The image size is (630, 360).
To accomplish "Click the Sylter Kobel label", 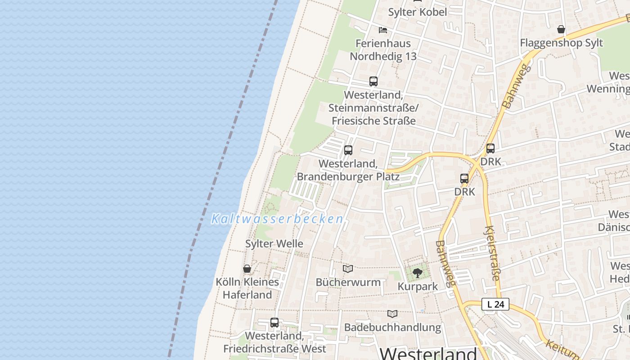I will click(418, 12).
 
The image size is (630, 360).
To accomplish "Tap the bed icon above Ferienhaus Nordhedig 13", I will click(383, 30).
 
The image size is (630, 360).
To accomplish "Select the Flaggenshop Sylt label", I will click(561, 43).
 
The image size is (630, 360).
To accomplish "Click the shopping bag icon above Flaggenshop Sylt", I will click(561, 30).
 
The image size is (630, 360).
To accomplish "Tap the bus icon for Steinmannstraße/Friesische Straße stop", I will click(373, 81).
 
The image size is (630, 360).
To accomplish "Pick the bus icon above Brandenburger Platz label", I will click(348, 150).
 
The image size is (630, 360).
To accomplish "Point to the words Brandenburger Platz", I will click(348, 176).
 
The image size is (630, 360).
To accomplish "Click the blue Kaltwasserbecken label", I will click(277, 219).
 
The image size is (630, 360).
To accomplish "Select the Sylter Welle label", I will click(274, 244).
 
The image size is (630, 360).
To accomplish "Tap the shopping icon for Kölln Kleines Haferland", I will click(247, 269).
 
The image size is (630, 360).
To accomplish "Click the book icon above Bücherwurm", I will click(348, 269).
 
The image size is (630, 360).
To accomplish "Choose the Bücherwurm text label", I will click(348, 283).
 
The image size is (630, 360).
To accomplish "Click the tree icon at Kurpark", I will click(418, 273).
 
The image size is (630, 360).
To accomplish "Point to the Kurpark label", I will click(418, 287).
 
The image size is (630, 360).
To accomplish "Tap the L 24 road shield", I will click(495, 305).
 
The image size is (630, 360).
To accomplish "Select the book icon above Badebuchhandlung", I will click(392, 314).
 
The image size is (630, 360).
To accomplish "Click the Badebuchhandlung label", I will click(392, 327).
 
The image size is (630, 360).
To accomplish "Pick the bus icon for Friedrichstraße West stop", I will click(274, 323).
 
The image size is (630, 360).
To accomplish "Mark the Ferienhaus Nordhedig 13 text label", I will click(383, 50).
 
